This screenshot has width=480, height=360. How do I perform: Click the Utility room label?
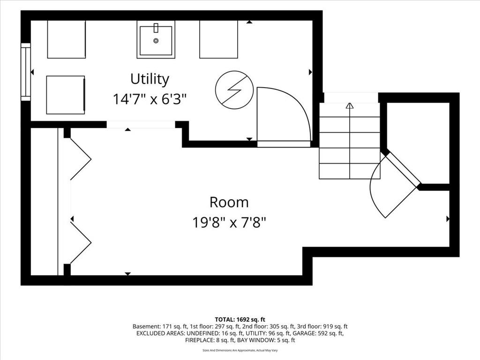pyautogui.click(x=150, y=80)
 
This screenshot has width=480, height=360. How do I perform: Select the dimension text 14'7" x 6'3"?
pyautogui.click(x=150, y=99)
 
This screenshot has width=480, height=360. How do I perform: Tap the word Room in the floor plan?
pyautogui.click(x=229, y=202)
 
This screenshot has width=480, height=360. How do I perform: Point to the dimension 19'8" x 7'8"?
pyautogui.click(x=229, y=223)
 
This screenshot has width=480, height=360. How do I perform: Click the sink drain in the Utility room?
pyautogui.click(x=156, y=40)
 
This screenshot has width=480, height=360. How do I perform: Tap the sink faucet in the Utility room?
pyautogui.click(x=156, y=28)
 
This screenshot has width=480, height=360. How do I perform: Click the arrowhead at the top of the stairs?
pyautogui.click(x=350, y=105)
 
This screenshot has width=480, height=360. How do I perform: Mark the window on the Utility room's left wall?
pyautogui.click(x=26, y=72)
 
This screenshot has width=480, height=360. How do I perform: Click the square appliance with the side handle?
pyautogui.click(x=66, y=95)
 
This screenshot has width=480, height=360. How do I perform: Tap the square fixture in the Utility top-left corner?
pyautogui.click(x=67, y=39)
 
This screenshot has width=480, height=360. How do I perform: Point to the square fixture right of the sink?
pyautogui.click(x=218, y=39)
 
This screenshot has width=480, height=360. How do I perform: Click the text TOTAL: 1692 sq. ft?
pyautogui.click(x=240, y=320)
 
